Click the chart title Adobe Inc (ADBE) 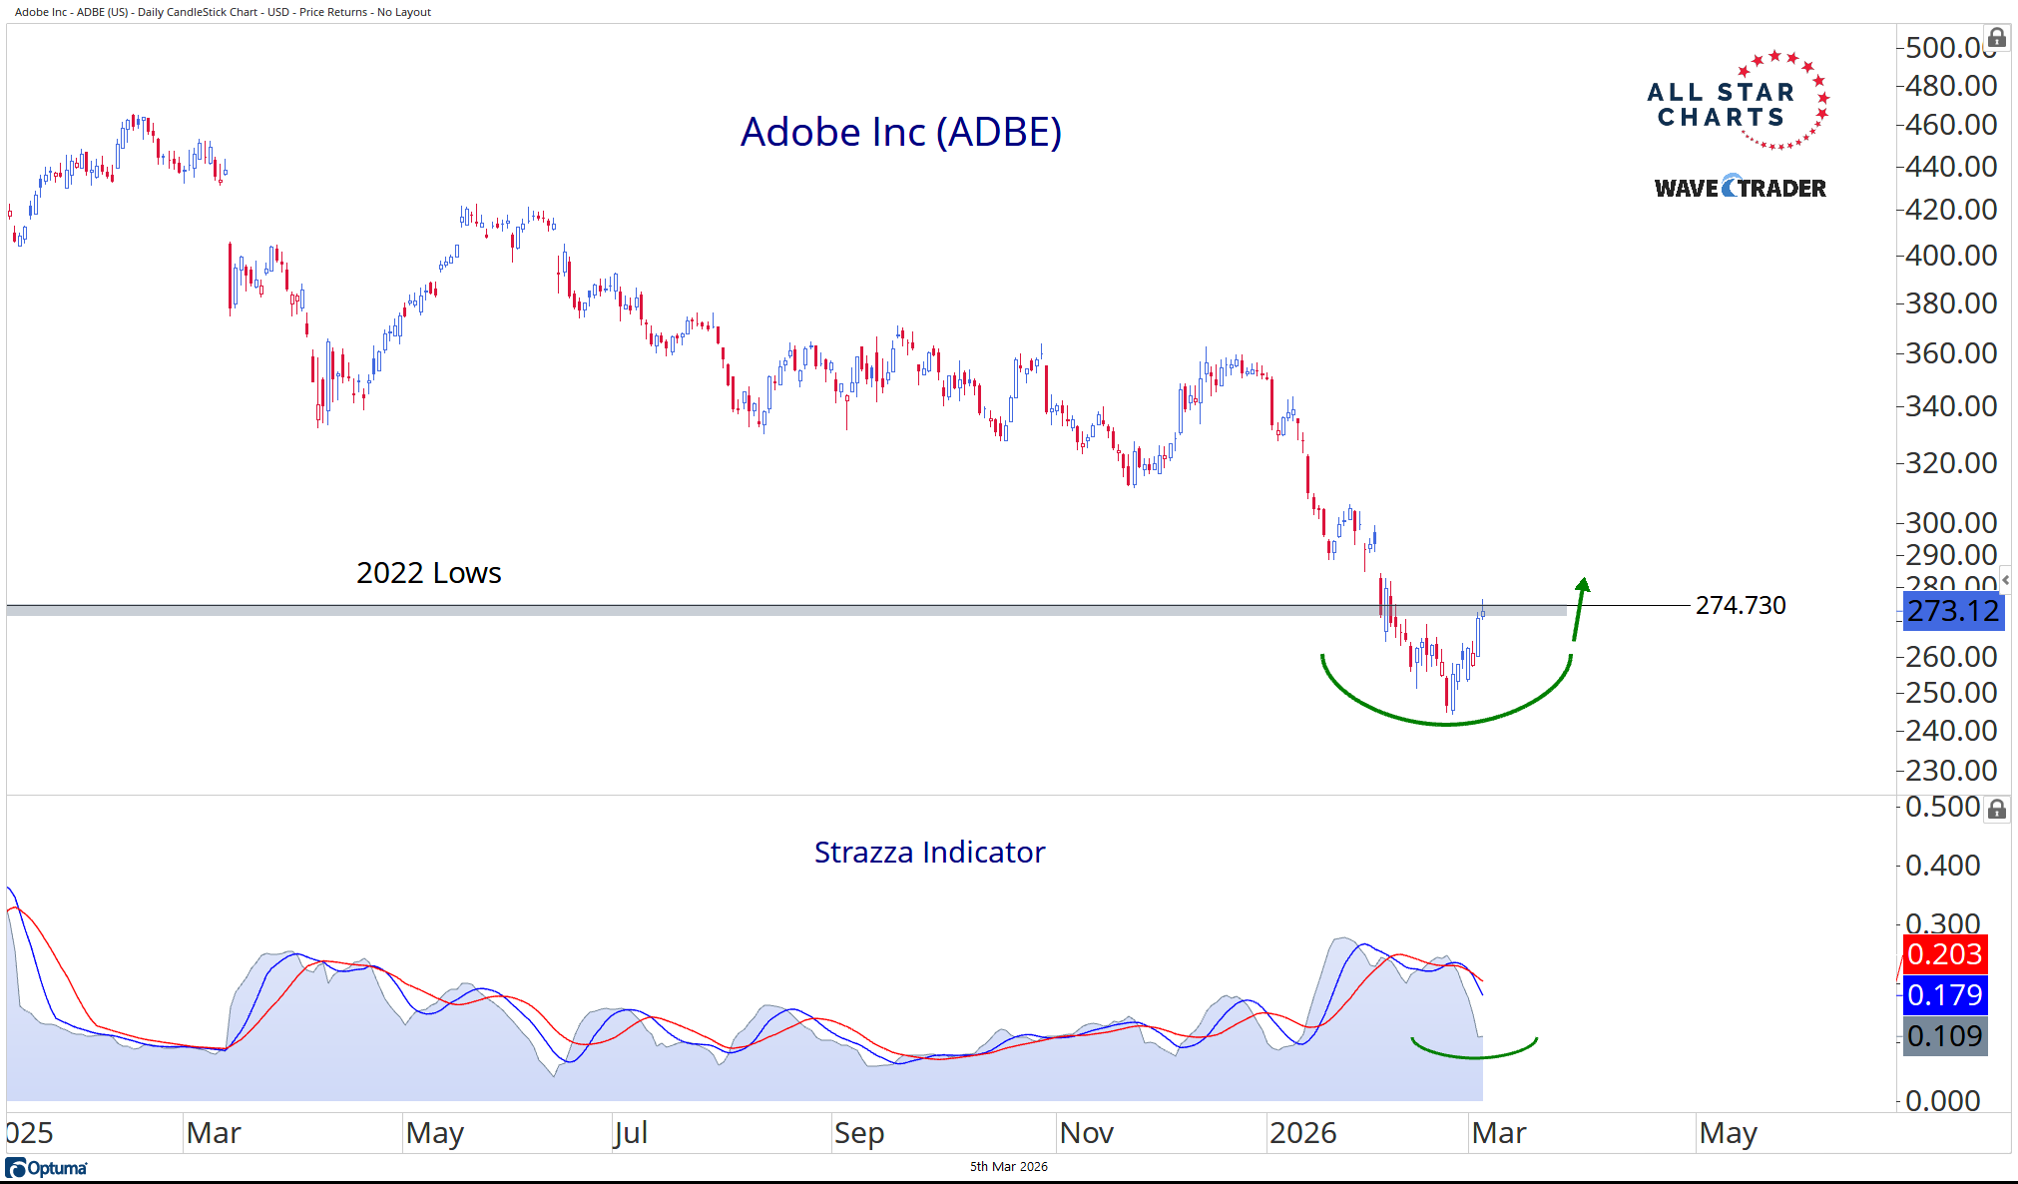(x=900, y=132)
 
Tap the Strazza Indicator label (x=929, y=852)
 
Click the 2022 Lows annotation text (x=428, y=573)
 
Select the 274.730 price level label (x=1741, y=605)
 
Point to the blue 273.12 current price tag (x=1953, y=611)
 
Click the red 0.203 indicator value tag (x=1944, y=954)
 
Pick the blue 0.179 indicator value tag (x=1944, y=995)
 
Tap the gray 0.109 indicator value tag (x=1944, y=1036)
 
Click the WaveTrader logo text (x=1740, y=188)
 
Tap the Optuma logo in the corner (x=47, y=1168)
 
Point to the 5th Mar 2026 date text (x=1008, y=1166)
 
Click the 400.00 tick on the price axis (x=1950, y=256)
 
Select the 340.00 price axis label (x=1950, y=406)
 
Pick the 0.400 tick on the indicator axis (x=1942, y=866)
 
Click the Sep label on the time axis (x=858, y=1133)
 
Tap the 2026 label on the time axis (x=1302, y=1133)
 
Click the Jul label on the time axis (x=631, y=1133)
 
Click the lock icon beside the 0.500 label (x=1996, y=809)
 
